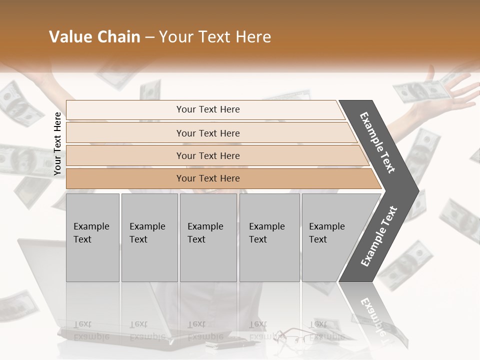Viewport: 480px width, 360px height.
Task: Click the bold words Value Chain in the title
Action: tap(94, 37)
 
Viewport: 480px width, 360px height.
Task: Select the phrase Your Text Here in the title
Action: tap(215, 37)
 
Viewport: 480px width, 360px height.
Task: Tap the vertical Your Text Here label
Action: tap(57, 144)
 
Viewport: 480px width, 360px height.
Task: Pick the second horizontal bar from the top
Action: tap(207, 133)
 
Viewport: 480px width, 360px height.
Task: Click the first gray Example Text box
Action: tap(92, 237)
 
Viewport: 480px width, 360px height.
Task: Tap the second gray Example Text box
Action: tap(149, 237)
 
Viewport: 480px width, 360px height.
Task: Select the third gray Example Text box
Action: tap(208, 237)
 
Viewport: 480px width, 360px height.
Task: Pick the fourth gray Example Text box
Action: tap(269, 237)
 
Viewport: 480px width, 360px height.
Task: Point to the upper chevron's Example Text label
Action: tap(377, 142)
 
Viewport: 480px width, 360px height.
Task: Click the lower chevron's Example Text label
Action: tap(379, 236)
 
